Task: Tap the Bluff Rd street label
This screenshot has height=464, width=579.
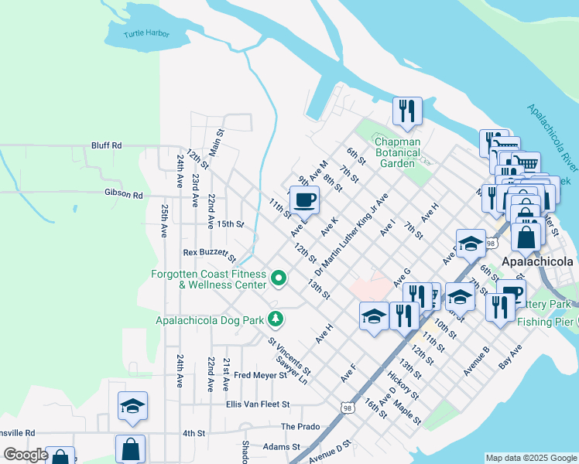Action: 106,145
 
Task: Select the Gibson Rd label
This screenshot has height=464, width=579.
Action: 124,195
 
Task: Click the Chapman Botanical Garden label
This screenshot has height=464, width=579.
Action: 397,152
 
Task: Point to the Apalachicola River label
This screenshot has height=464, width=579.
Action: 553,139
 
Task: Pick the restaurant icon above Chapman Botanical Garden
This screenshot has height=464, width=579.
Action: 407,111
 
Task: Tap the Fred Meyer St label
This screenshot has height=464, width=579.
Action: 260,375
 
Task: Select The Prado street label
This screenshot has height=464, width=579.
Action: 300,426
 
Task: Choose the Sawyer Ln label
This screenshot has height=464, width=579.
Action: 292,371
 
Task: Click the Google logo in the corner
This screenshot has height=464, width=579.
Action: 26,455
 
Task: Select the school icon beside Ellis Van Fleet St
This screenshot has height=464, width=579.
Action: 132,407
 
